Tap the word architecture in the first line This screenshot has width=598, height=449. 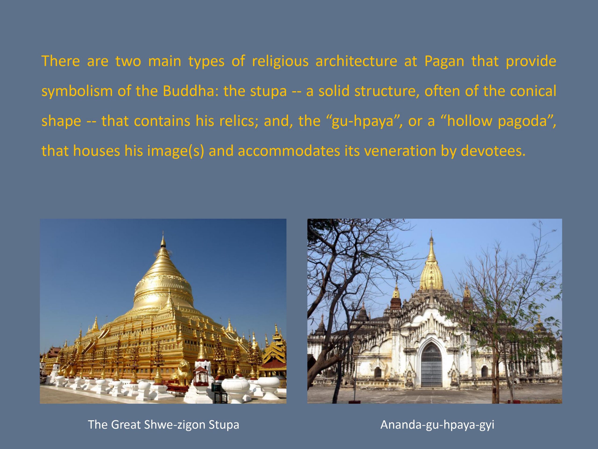pos(356,61)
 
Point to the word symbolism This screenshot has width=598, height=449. pos(77,91)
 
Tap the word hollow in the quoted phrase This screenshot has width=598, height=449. pos(469,121)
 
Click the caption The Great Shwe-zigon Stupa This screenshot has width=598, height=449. pos(164,424)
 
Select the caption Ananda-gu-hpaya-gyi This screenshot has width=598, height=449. pos(437,424)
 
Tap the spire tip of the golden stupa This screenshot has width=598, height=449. pos(163,232)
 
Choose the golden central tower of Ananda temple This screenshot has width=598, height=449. pos(431,271)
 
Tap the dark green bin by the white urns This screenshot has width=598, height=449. pos(216,387)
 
